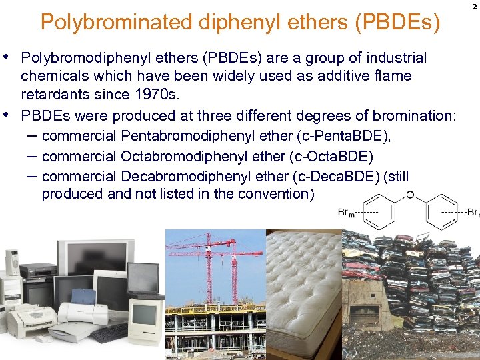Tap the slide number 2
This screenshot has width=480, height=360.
click(x=474, y=6)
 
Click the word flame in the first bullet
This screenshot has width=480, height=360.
click(x=393, y=75)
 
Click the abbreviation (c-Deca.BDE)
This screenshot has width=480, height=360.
click(x=333, y=177)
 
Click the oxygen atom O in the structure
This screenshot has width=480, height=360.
click(x=410, y=195)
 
